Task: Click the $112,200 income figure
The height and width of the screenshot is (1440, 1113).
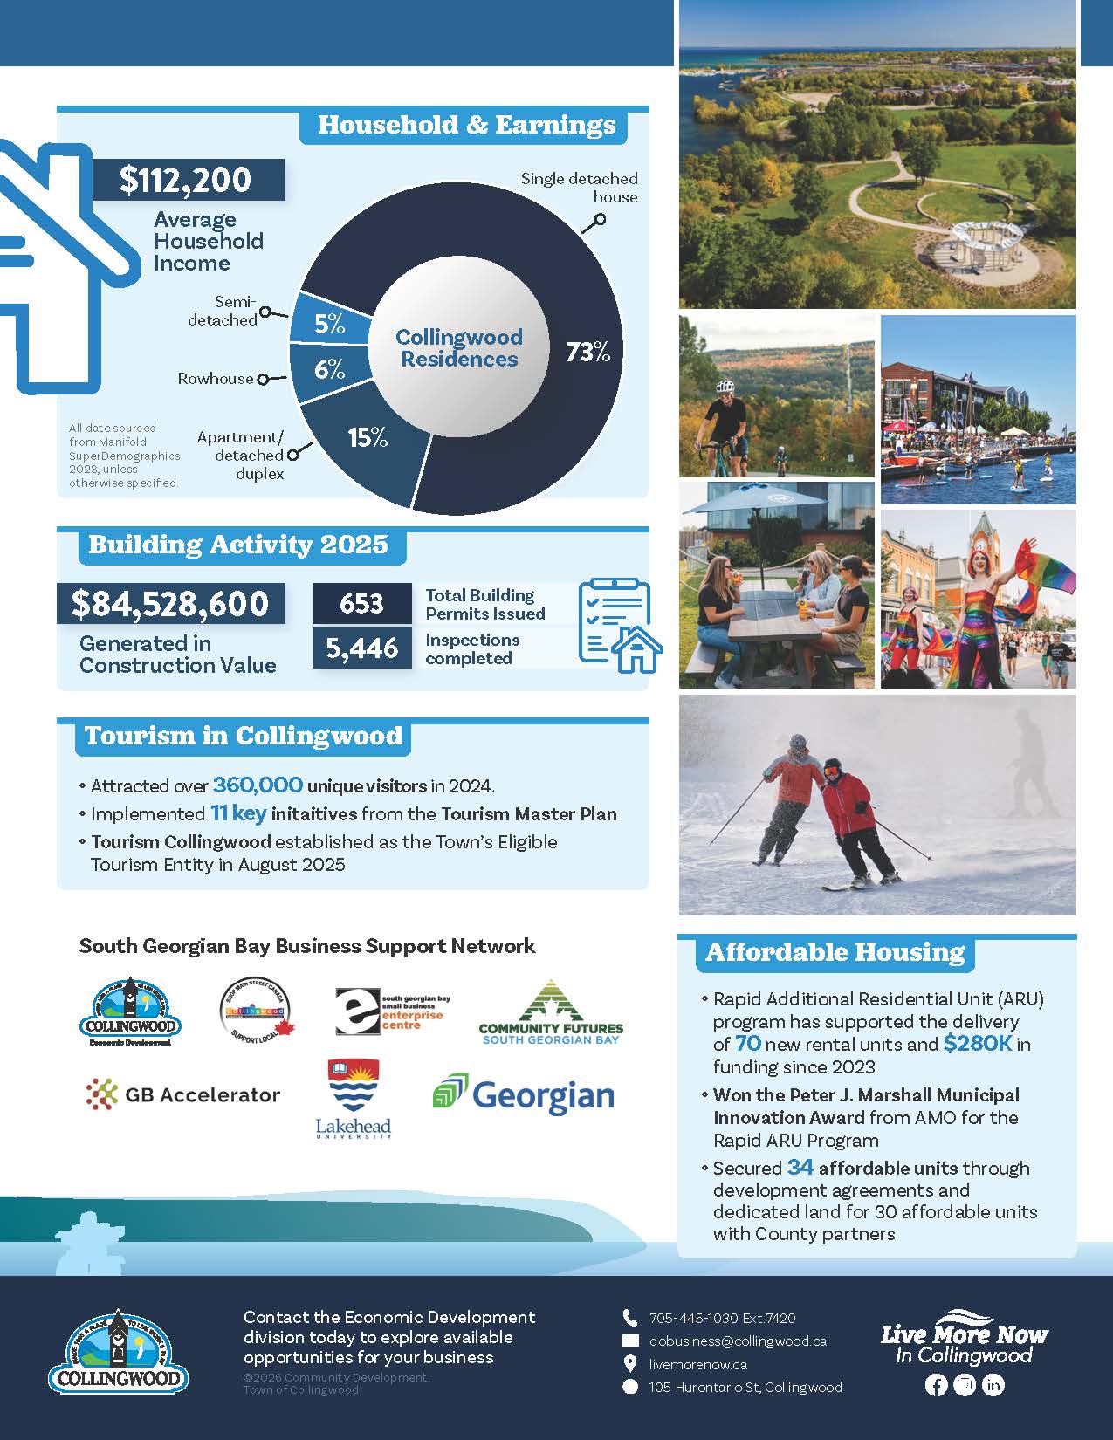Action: pyautogui.click(x=186, y=180)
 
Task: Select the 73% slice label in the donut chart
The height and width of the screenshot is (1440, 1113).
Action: pyautogui.click(x=587, y=352)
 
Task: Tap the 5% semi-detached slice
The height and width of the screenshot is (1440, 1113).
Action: pyautogui.click(x=330, y=324)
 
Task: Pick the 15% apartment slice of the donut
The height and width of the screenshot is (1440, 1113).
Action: pyautogui.click(x=368, y=437)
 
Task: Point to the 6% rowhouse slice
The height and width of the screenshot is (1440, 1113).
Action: pyautogui.click(x=330, y=370)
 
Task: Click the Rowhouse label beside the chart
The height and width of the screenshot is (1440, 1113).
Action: pyautogui.click(x=216, y=379)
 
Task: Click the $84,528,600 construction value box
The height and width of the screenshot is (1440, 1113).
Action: pyautogui.click(x=171, y=604)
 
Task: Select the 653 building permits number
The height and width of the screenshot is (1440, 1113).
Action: pyautogui.click(x=361, y=604)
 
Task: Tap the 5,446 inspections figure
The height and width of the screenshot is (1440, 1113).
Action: pyautogui.click(x=361, y=648)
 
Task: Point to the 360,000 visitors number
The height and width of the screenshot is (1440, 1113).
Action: pyautogui.click(x=258, y=785)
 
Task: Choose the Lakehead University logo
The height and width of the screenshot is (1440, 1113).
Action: pyautogui.click(x=353, y=1100)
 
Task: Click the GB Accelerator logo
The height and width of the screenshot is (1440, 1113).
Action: pyautogui.click(x=183, y=1094)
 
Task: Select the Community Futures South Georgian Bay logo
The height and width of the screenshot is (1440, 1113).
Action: pyautogui.click(x=551, y=1014)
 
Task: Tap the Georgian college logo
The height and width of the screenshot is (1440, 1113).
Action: pyautogui.click(x=524, y=1095)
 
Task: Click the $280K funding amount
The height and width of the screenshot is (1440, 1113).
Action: pyautogui.click(x=977, y=1044)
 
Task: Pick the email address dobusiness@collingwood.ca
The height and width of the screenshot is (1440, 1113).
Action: pyautogui.click(x=738, y=1341)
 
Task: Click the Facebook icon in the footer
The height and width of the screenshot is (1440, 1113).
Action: pyautogui.click(x=935, y=1385)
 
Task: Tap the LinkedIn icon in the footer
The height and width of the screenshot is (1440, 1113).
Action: pyautogui.click(x=993, y=1385)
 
